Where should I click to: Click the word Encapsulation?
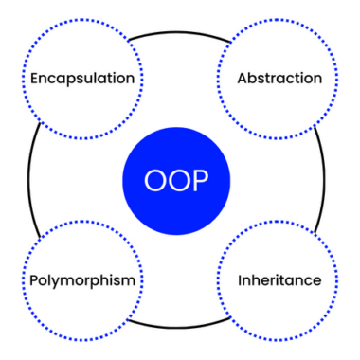(x=82, y=78)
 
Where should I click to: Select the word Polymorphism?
(x=82, y=281)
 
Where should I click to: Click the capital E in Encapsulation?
(x=35, y=78)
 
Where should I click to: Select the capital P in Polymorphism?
(x=32, y=281)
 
